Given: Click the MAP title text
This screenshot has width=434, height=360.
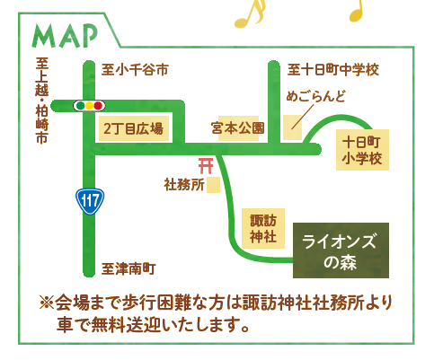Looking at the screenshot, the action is (65, 36).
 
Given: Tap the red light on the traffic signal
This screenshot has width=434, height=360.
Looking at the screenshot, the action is (98, 106).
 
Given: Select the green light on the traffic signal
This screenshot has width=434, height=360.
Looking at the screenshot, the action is (81, 106).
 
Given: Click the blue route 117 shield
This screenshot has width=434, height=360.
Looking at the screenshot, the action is (90, 201).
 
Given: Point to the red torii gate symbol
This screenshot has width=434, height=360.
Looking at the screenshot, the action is (206, 166).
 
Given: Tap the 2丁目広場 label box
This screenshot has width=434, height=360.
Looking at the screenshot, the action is (134, 128).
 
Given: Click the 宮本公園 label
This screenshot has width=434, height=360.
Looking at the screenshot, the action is (238, 128).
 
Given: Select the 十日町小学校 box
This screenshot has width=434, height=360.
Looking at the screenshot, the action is (362, 150).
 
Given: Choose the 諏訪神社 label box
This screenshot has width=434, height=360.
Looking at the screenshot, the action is (263, 229).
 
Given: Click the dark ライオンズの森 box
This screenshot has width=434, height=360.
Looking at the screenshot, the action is (341, 250).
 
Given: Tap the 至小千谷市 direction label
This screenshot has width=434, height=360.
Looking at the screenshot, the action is (135, 70).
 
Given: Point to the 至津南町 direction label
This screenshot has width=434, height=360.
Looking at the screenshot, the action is (128, 268).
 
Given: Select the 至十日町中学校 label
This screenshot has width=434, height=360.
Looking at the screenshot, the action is (333, 70).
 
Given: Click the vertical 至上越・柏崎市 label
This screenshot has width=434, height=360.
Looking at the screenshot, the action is (41, 101).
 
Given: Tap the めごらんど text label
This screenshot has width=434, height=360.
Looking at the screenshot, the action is (316, 96).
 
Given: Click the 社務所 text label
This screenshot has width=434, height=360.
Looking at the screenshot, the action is (184, 185).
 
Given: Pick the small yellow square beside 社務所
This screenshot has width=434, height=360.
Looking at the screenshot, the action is (214, 185).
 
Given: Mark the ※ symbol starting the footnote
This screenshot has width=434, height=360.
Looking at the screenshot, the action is (47, 303).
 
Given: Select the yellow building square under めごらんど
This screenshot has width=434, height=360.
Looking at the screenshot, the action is (293, 127).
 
